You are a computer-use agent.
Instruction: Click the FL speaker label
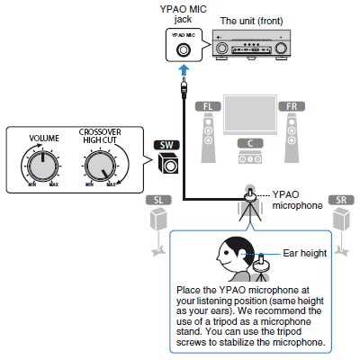click(x=208, y=106)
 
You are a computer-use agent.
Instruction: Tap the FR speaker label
click(x=292, y=106)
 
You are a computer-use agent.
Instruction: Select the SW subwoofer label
click(x=166, y=145)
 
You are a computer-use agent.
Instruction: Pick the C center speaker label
click(x=250, y=143)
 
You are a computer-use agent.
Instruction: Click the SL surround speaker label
click(x=158, y=200)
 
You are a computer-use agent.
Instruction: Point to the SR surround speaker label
click(x=341, y=200)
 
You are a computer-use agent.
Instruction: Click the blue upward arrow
click(x=184, y=71)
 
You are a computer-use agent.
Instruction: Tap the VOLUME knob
click(x=43, y=166)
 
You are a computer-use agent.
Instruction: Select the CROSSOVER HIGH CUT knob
click(x=100, y=166)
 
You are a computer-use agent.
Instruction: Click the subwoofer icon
click(x=168, y=163)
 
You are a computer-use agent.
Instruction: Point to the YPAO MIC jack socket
click(x=183, y=49)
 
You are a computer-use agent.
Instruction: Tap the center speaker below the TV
click(x=250, y=157)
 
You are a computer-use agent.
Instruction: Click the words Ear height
click(x=305, y=253)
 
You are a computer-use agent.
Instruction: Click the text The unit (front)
click(x=251, y=21)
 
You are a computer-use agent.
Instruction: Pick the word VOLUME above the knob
click(x=44, y=139)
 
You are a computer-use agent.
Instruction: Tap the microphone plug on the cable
click(x=184, y=87)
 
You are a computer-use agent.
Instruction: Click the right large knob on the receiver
click(x=281, y=48)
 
